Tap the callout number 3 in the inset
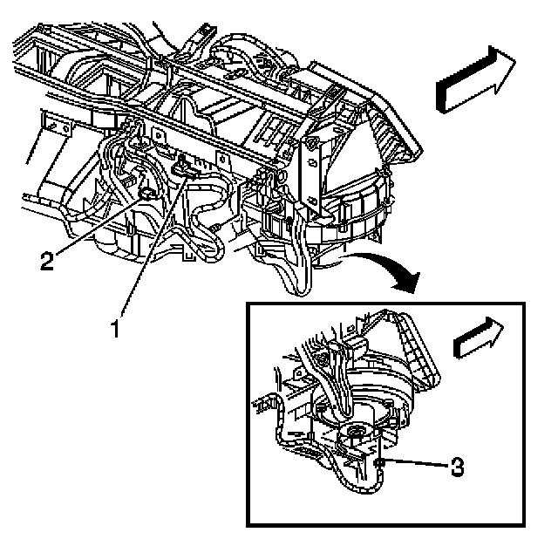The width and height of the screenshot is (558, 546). [456, 467]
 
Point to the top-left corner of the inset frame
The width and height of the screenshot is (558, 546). [248, 303]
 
